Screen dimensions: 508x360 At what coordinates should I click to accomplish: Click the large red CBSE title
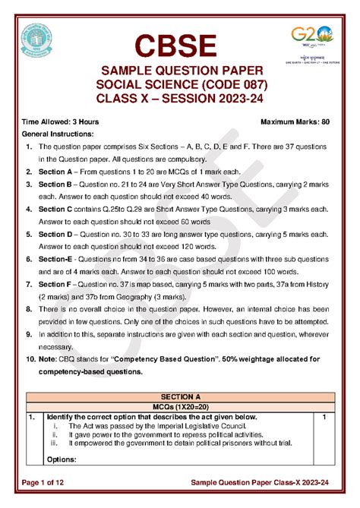(179, 45)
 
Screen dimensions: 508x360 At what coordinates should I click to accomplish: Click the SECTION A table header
(180, 397)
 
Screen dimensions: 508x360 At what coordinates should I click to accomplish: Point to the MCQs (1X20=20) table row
(180, 407)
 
